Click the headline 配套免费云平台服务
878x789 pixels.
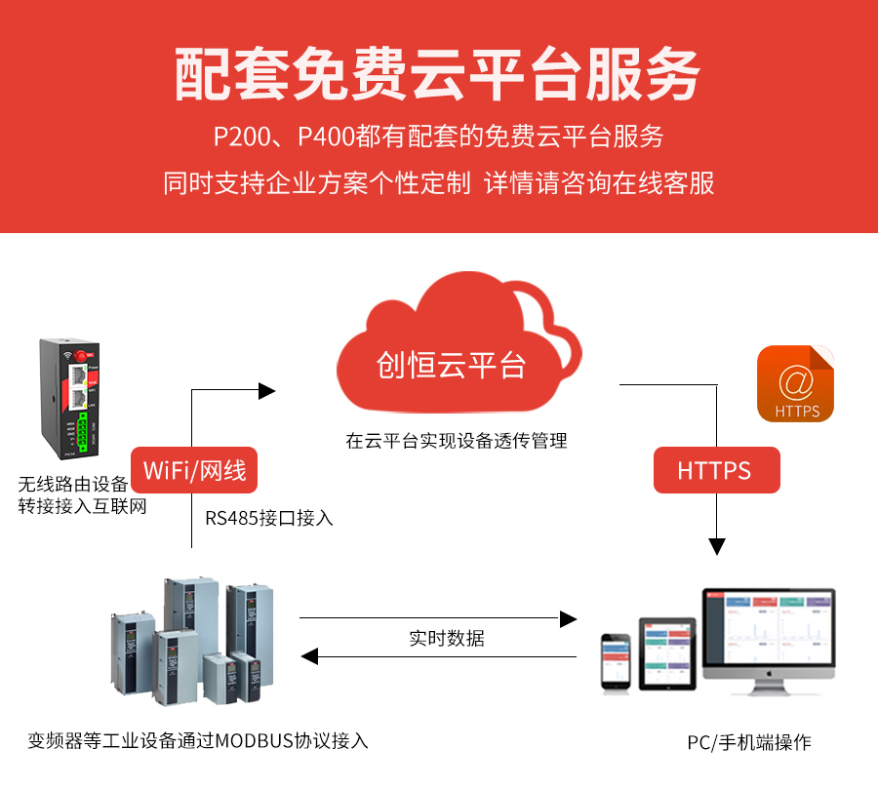tap(438, 76)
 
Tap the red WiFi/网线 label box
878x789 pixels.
tap(195, 471)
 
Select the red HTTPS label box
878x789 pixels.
tap(715, 471)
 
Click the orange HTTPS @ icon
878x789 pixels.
tap(795, 383)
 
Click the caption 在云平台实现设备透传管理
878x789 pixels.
tap(456, 441)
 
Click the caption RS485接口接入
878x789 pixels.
tap(269, 519)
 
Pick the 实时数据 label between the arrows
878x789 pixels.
tap(446, 639)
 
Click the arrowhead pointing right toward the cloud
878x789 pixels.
tap(267, 391)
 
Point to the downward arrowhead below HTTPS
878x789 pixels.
tap(718, 546)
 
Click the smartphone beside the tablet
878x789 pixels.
tap(617, 663)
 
